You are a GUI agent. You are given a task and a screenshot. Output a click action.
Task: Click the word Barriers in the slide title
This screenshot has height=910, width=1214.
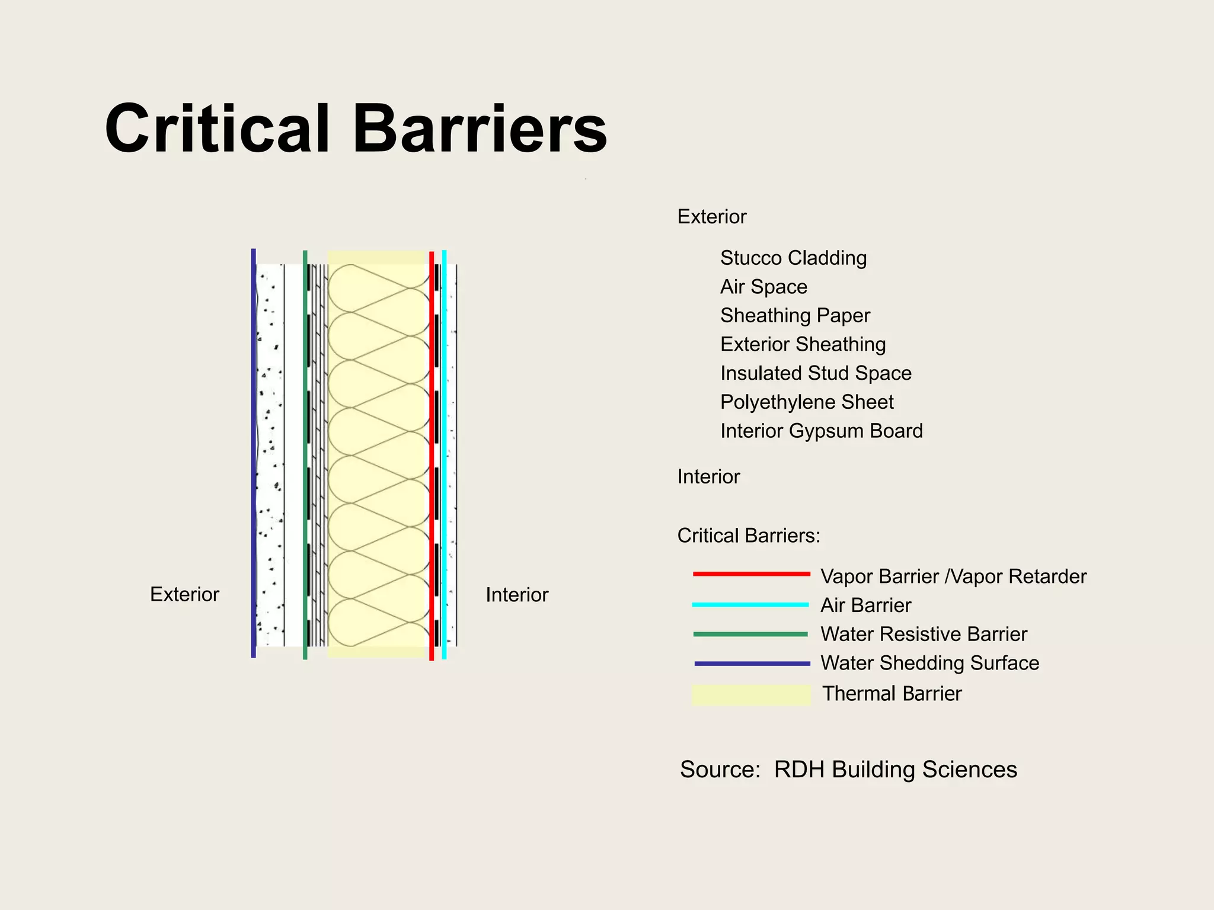[480, 129]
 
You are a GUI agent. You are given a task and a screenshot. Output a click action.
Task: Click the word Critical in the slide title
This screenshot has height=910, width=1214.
[217, 129]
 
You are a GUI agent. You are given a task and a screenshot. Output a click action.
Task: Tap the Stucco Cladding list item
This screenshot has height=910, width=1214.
[793, 258]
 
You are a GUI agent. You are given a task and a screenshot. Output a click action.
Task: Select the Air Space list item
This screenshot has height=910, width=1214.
[763, 287]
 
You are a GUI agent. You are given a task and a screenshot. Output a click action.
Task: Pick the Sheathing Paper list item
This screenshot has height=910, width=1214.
[795, 316]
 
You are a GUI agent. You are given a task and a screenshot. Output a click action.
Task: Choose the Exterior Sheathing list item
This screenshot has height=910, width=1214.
[803, 344]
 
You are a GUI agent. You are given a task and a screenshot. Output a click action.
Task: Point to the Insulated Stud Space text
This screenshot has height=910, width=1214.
[816, 373]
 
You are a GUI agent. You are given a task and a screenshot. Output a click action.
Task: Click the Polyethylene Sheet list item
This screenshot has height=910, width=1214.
[807, 402]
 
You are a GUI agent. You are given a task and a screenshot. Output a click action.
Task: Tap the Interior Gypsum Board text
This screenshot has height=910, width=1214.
[822, 431]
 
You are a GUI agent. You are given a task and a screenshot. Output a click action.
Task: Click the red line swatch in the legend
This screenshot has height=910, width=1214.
[751, 573]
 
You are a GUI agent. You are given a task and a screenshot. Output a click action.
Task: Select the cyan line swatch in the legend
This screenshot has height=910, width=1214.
[750, 604]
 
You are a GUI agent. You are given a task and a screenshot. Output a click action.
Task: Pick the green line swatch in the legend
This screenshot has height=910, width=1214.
[750, 634]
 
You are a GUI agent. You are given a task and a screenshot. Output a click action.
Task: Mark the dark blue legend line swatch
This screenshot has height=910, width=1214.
[752, 664]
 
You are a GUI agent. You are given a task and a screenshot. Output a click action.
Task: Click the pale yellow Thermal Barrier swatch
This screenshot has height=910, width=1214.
[751, 694]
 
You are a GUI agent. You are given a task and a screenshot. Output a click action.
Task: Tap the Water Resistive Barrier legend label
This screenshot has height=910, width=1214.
[924, 635]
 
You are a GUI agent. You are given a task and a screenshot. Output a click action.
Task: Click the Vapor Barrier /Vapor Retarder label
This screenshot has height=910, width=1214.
[953, 576]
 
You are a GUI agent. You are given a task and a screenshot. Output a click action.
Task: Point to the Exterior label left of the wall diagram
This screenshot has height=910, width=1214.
[184, 594]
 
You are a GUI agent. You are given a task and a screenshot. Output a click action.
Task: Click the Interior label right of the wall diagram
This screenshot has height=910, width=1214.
[517, 595]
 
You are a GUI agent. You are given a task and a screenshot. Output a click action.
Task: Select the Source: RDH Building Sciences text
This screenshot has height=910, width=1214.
[848, 770]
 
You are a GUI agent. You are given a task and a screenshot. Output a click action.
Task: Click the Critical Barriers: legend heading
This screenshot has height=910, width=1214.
[749, 536]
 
